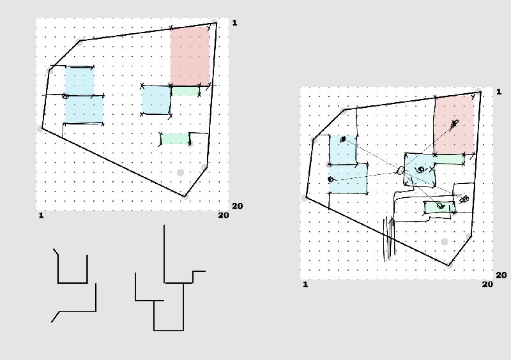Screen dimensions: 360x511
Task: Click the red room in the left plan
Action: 190,56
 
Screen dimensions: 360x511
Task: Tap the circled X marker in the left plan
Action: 65,96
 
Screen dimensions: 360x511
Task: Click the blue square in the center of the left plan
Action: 156,100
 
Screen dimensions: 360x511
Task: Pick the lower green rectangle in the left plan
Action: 175,139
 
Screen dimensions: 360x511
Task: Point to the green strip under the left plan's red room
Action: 185,91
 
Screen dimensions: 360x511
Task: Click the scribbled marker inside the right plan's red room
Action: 454,123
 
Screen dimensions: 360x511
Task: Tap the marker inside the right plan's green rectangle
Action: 440,206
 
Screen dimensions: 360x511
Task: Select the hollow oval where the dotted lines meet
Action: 400,170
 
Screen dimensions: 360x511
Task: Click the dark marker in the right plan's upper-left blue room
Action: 343,139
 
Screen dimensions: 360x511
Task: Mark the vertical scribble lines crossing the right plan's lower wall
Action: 389,237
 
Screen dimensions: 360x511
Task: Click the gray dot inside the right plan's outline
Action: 445,242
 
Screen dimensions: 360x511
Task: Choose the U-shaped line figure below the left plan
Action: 72,268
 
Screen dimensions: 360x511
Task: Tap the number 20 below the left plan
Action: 223,215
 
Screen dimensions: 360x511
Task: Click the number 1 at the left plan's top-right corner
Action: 234,23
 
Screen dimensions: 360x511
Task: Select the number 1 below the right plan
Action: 305,284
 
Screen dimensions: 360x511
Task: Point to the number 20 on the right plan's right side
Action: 501,275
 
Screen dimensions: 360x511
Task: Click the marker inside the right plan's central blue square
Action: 420,170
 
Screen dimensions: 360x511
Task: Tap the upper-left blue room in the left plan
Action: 79,80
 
